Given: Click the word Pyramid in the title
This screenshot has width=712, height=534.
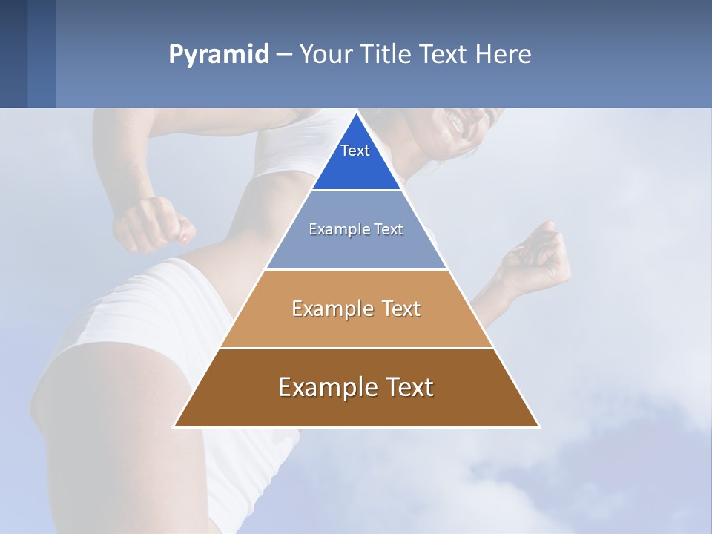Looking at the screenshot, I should click(218, 55).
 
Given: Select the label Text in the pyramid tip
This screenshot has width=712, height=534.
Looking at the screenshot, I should click(355, 151).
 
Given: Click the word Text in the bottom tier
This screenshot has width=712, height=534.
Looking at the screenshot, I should click(406, 387).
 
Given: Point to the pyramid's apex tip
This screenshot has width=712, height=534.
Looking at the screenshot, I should click(356, 114).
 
